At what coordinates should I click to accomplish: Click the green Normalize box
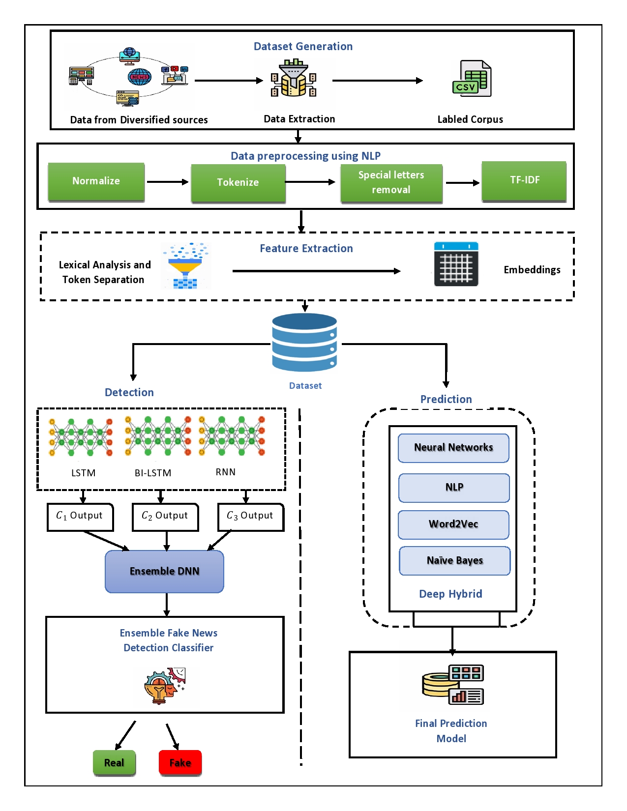(x=96, y=181)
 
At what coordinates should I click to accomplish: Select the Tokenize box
(x=238, y=182)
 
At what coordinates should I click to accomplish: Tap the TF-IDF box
(x=524, y=180)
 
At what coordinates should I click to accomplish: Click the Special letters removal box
(x=391, y=182)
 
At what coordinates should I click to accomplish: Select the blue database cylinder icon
(x=304, y=342)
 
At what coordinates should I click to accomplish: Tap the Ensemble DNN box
(x=164, y=571)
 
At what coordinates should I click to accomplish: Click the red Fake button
(x=180, y=762)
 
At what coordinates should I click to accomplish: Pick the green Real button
(x=114, y=762)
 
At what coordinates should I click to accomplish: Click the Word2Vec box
(x=453, y=524)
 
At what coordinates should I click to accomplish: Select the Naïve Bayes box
(x=454, y=561)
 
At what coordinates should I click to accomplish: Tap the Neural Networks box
(x=453, y=448)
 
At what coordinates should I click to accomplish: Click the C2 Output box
(x=165, y=517)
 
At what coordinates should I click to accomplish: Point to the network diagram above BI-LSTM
(x=158, y=436)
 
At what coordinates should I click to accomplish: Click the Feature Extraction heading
(x=306, y=249)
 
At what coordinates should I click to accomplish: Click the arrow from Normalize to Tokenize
(x=167, y=182)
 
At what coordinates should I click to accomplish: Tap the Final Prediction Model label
(x=451, y=731)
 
